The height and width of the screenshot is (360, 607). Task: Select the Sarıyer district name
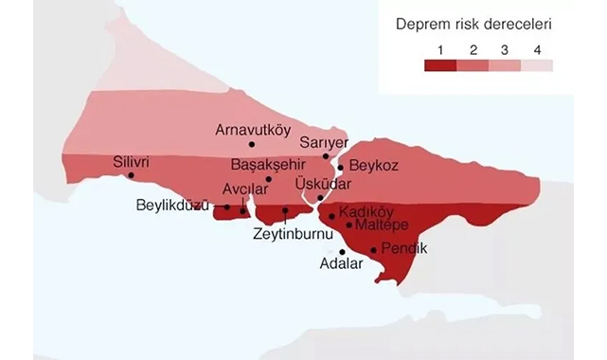click(x=318, y=142)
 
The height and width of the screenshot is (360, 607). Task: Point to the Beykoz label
click(x=373, y=166)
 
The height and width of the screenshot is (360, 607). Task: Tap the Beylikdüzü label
click(x=171, y=205)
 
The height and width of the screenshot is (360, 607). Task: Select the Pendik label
click(x=404, y=248)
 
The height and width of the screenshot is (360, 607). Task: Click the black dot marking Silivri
click(x=132, y=175)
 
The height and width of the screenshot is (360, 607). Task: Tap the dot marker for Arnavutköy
click(x=252, y=144)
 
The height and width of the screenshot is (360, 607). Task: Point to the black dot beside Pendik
click(x=373, y=250)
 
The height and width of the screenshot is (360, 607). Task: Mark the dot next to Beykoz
click(x=341, y=167)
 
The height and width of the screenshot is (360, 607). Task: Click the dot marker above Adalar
click(x=342, y=252)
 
